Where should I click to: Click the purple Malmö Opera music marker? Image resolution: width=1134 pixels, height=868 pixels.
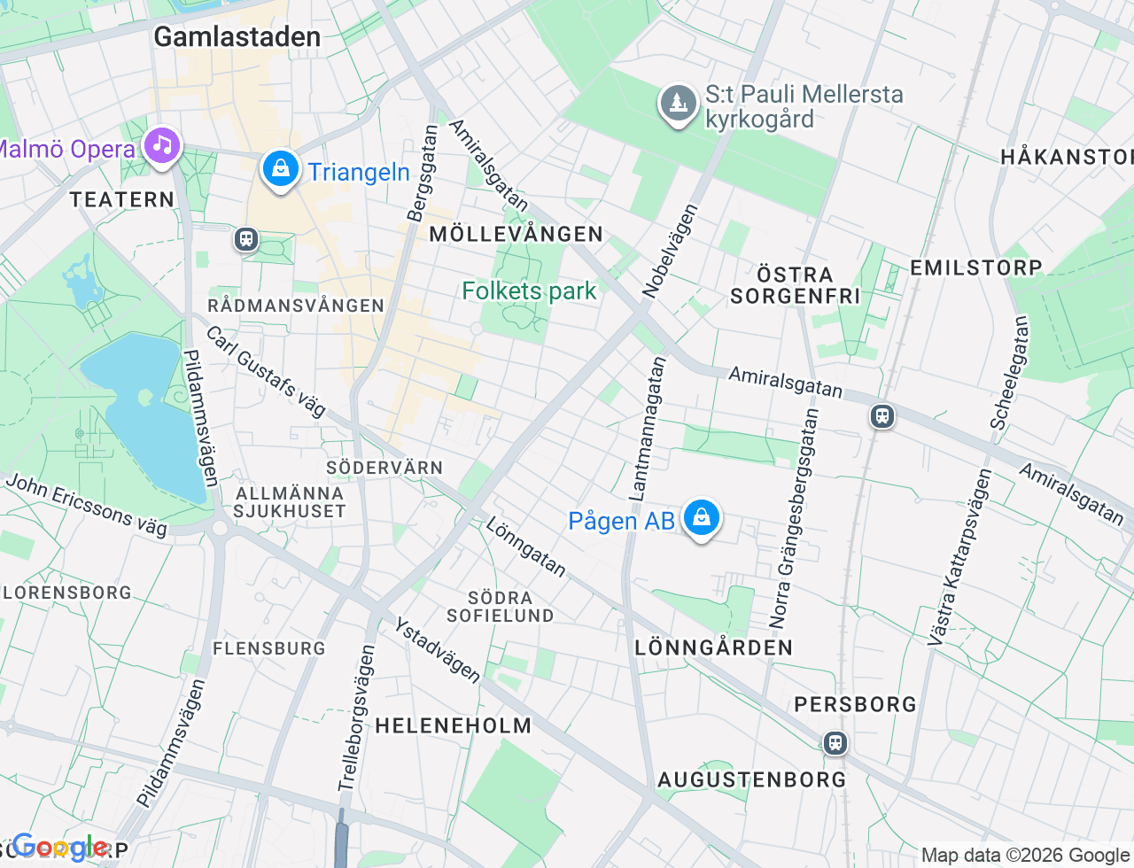coord(161,146)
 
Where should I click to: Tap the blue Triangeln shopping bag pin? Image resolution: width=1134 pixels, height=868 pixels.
coord(280,168)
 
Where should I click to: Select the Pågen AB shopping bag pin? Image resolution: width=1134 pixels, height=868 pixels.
coord(701,518)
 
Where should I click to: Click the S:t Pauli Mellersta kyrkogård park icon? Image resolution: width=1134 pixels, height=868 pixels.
coord(678,105)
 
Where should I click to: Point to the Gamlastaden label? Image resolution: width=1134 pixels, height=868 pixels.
coord(237,37)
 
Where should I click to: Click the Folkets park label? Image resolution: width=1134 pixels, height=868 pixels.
coord(529,291)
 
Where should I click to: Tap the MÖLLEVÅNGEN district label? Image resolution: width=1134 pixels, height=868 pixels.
coord(516,234)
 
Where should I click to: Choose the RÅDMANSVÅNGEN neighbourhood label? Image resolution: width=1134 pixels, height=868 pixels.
coord(296,306)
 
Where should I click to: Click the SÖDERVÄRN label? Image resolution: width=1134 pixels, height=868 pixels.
coord(384,468)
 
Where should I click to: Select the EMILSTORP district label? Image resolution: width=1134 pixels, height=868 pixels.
coord(975,267)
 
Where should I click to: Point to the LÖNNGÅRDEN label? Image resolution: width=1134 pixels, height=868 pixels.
coord(713,647)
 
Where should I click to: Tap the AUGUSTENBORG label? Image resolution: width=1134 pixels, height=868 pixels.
coord(751,779)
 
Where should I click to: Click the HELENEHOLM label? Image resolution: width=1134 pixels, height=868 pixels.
coord(453,725)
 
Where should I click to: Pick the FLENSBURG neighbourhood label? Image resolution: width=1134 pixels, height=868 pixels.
coord(269,648)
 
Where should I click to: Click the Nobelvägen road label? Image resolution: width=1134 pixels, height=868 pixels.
coord(671,251)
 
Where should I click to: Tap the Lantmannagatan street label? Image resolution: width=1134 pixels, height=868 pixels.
coord(646,427)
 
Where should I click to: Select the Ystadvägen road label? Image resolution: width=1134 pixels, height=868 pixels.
coord(438,651)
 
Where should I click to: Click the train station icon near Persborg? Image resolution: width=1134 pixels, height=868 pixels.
coord(835,742)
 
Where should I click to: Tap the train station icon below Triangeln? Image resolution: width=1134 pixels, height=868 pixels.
coord(246,238)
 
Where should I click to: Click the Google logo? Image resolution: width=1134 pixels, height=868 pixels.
coord(60,848)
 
